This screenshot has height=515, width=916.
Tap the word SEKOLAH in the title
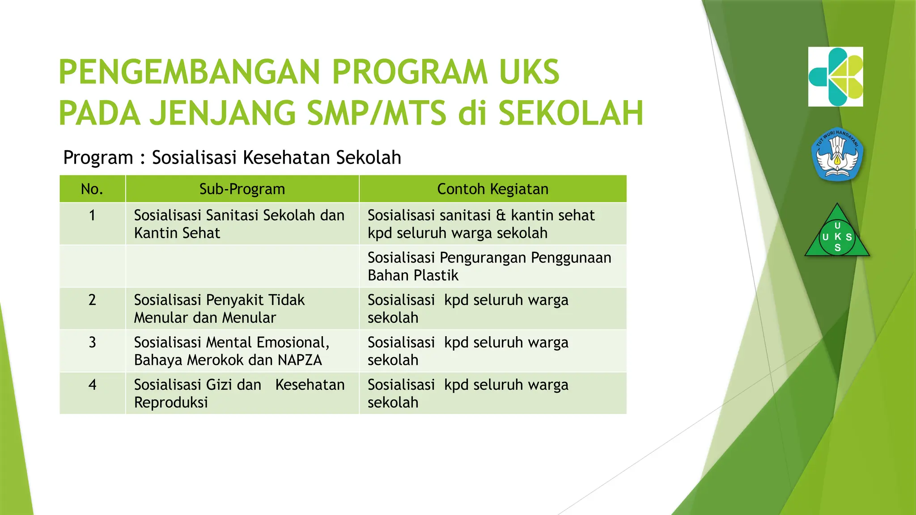571,114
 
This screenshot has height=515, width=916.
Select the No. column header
92,189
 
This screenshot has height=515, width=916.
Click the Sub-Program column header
242,189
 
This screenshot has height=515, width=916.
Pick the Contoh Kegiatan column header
492,189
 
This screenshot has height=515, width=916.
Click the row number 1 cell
92,215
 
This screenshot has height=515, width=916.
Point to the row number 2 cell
92,300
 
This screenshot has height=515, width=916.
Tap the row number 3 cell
92,342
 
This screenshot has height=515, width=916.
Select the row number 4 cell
92,385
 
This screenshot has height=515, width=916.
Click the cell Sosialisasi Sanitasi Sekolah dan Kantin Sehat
239,224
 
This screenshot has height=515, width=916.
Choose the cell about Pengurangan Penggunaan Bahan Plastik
489,266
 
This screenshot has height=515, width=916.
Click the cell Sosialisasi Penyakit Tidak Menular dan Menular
219,309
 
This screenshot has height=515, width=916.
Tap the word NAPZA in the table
299,360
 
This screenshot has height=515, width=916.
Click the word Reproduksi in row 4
171,403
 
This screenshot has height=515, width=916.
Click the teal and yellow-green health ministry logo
835,77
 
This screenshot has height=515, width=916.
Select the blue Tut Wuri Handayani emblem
837,155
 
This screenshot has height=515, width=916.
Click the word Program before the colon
98,158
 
